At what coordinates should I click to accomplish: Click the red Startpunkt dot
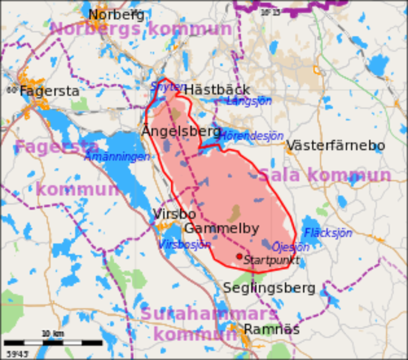(x=239, y=256)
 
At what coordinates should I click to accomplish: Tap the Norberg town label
(x=116, y=14)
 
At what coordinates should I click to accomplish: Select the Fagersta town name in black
(x=49, y=91)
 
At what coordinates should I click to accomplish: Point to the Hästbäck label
(x=217, y=89)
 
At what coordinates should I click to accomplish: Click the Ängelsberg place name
(x=181, y=131)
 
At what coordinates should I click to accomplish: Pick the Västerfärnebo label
(x=335, y=145)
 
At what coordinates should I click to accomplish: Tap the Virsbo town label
(x=174, y=214)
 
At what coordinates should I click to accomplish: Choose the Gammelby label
(x=221, y=229)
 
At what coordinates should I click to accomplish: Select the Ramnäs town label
(x=271, y=329)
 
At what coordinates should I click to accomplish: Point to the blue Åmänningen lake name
(x=117, y=157)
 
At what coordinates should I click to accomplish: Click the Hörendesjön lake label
(x=251, y=136)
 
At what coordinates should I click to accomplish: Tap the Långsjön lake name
(x=248, y=100)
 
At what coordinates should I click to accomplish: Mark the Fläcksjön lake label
(x=328, y=232)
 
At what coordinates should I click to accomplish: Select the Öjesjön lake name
(x=290, y=247)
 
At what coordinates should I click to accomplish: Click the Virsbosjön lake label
(x=184, y=244)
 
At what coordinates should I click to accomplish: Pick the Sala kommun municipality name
(x=324, y=175)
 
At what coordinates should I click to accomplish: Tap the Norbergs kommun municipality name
(x=141, y=29)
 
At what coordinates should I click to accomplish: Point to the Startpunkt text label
(x=271, y=261)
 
